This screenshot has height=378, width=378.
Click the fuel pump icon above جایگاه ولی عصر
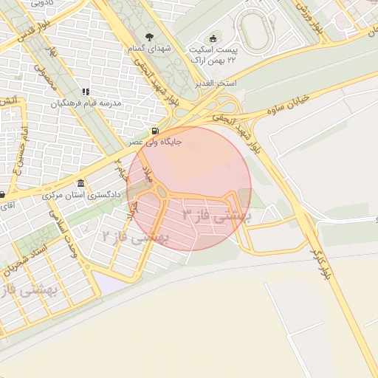click(x=154, y=131)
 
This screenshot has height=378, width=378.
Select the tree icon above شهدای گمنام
click(x=150, y=37)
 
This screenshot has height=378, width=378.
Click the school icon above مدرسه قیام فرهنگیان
click(x=86, y=92)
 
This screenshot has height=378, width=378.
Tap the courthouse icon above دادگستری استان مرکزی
click(x=80, y=184)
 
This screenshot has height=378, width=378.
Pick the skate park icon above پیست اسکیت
click(x=214, y=38)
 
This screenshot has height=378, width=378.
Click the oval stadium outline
click(x=256, y=29)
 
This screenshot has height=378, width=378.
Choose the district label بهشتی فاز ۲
click(x=136, y=237)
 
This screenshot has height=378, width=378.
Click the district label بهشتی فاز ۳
click(x=217, y=216)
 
